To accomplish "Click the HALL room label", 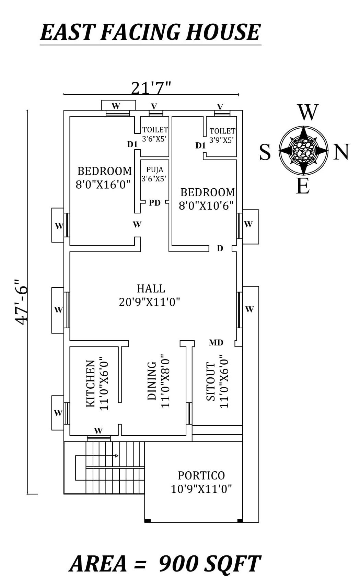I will point(151,288).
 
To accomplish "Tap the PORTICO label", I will point(201,475).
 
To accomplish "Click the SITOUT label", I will point(211,381).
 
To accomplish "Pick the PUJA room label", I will point(155,169).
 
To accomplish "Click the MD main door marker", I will point(216,342).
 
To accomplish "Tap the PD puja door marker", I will point(155,203).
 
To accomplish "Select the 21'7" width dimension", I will point(151,88).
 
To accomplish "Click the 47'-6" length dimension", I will point(21,302).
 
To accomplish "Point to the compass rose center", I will point(303,150).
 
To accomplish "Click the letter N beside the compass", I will point(341,152).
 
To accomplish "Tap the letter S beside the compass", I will point(265,152).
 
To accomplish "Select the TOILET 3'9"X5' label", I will point(222,135).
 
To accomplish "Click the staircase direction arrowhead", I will point(117,456).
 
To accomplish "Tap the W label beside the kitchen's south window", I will point(58,413).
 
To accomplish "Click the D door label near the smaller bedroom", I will point(220,248).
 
